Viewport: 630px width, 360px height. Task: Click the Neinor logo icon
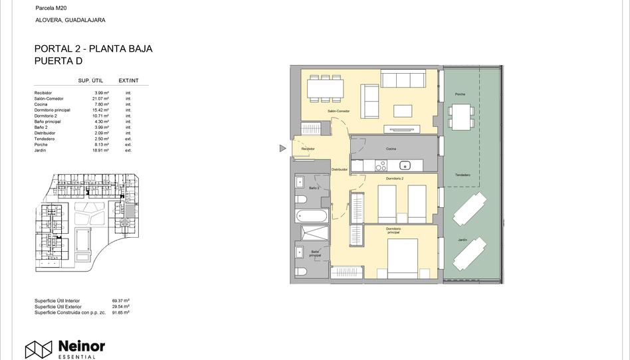click(x=39, y=349)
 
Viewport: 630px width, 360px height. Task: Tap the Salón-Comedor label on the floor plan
click(x=338, y=111)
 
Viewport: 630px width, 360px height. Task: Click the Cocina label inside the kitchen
click(x=391, y=149)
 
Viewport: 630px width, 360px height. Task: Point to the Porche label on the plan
click(x=460, y=94)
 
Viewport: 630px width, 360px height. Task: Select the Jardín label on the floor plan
click(x=462, y=240)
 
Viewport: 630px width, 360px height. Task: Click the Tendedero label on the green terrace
click(x=463, y=175)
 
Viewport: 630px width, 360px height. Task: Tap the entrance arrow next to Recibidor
click(x=282, y=149)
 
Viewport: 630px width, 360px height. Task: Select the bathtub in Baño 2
click(x=312, y=216)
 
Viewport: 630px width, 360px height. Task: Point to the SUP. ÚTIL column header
click(x=90, y=80)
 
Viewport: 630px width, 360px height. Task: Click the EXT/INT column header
click(x=128, y=80)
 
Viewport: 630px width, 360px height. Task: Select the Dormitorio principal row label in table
click(x=52, y=110)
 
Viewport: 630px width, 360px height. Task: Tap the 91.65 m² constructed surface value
click(x=120, y=312)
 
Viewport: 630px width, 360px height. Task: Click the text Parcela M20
click(x=51, y=8)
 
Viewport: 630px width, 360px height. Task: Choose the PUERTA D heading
click(x=58, y=61)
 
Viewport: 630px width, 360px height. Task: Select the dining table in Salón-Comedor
click(x=326, y=86)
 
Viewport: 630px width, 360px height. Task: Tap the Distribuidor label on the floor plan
click(x=340, y=169)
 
